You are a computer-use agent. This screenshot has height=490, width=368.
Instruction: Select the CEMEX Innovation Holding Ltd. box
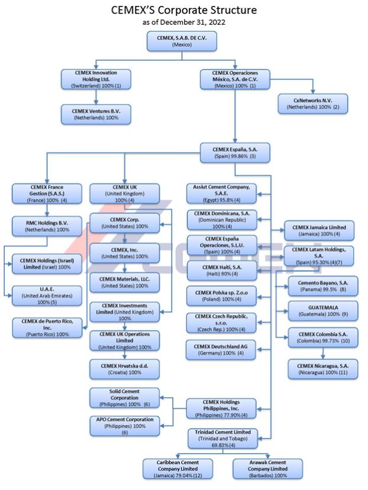point(96,79)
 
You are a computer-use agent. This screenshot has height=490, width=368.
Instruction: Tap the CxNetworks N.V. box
point(312,103)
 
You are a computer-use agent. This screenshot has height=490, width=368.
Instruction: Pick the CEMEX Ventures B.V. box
point(96,114)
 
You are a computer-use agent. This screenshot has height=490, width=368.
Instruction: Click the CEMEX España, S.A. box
point(235,152)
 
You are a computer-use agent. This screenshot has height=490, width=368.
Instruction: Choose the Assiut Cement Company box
point(221,194)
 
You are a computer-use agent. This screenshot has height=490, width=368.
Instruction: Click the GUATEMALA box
point(319,310)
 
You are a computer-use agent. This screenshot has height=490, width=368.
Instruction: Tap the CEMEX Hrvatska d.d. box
point(124,369)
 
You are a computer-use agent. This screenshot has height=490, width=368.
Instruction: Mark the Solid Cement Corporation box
point(124,397)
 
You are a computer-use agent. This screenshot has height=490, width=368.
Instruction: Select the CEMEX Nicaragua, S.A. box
point(323,369)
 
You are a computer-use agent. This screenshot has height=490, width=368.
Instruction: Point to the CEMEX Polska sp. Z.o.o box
point(221,295)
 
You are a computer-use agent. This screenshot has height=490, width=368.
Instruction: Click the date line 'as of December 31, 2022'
point(183,22)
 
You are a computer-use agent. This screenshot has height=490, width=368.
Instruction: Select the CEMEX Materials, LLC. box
point(124,282)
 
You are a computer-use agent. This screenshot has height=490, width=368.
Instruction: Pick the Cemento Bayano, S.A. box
point(319,286)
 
